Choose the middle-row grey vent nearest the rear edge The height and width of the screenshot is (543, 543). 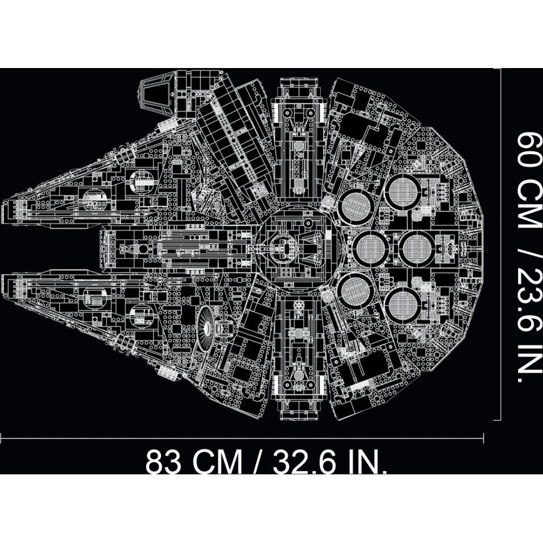(414, 248)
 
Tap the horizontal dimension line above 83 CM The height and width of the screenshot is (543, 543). (250, 432)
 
